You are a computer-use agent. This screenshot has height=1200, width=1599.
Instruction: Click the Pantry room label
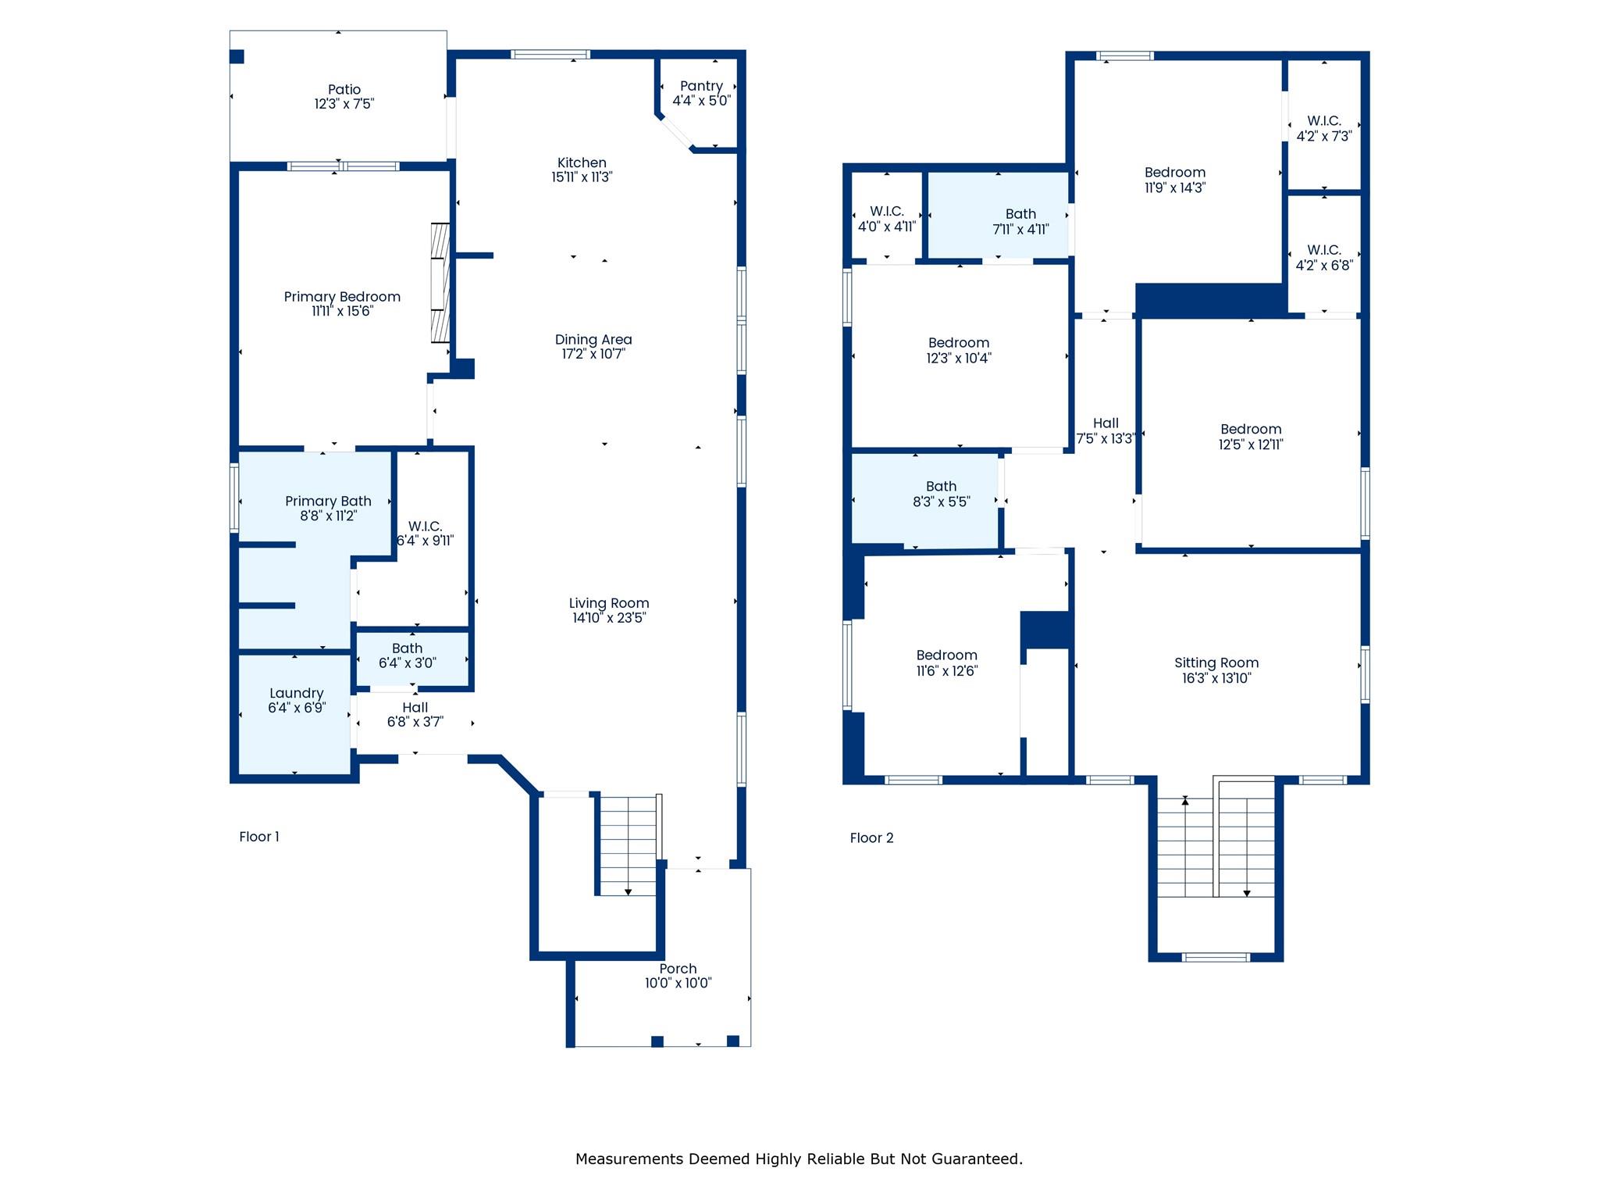pos(701,87)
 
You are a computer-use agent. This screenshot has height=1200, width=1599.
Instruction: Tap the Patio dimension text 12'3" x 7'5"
pos(344,104)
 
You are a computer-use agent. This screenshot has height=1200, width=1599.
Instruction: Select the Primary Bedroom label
pos(342,297)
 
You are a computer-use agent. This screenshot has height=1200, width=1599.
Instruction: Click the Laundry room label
pos(296,694)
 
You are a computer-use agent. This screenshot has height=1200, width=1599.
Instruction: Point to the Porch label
pos(678,969)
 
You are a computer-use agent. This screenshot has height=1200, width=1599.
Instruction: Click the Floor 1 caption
pos(259,837)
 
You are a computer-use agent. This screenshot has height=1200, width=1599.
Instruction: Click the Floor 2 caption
pos(871,838)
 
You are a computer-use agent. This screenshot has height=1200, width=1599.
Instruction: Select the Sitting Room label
pos(1216,663)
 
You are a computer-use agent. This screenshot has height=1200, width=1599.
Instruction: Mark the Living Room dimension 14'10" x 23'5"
pos(609,618)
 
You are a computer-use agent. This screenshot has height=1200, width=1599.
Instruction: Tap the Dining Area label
pos(593,340)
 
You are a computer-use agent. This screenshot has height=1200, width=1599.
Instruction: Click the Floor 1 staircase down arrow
pos(629,891)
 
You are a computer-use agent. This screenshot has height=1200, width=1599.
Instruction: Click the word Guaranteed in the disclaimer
pos(981,1159)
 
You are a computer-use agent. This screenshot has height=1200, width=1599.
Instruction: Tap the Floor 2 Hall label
pos(1106,423)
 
